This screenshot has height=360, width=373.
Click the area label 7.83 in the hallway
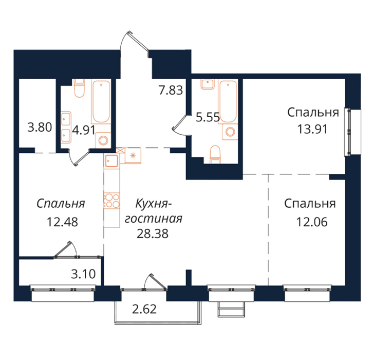click(171, 90)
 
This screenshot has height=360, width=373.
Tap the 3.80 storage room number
click(40, 127)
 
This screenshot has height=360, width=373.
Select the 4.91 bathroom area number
click(84, 130)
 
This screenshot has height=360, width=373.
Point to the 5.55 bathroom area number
click(208, 117)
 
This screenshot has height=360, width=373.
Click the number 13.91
click(312, 129)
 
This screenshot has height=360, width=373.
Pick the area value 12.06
click(312, 222)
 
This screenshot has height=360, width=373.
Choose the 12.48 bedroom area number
click(62, 222)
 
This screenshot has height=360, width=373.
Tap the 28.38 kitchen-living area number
click(153, 234)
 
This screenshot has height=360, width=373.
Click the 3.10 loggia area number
click(84, 274)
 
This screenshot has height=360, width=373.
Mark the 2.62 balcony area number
click(144, 309)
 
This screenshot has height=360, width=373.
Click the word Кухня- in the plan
click(154, 204)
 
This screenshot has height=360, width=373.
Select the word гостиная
click(154, 219)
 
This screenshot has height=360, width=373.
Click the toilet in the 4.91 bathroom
click(79, 88)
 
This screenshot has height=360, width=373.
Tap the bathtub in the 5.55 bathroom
click(228, 102)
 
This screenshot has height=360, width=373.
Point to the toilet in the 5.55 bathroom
click(215, 154)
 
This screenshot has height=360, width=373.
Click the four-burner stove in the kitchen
click(112, 201)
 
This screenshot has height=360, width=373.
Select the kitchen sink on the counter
click(111, 160)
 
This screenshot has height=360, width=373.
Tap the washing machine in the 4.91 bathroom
click(103, 140)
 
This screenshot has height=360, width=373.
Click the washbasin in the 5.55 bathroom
click(208, 84)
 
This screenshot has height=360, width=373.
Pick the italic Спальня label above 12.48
click(61, 204)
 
